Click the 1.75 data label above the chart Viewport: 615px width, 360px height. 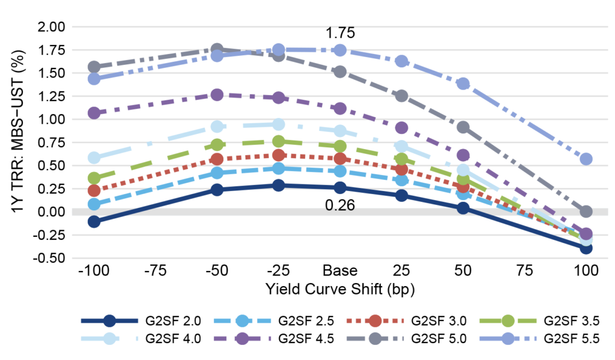tap(340, 33)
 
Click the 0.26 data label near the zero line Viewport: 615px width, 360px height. tap(340, 206)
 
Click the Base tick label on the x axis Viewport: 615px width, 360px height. tap(340, 270)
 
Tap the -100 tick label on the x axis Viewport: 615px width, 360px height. tap(93, 270)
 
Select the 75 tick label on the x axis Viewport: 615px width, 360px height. tap(525, 270)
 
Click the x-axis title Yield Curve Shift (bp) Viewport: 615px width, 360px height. tap(340, 288)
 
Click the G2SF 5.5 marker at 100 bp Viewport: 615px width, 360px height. tap(586, 159)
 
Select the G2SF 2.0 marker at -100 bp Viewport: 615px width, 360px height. tap(93, 221)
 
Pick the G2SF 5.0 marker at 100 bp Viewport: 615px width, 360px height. tap(586, 212)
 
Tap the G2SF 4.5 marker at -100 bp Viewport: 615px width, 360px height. tap(93, 113)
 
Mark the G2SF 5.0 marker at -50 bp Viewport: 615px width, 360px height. tap(217, 49)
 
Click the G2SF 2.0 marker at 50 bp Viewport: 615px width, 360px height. tap(463, 208)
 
